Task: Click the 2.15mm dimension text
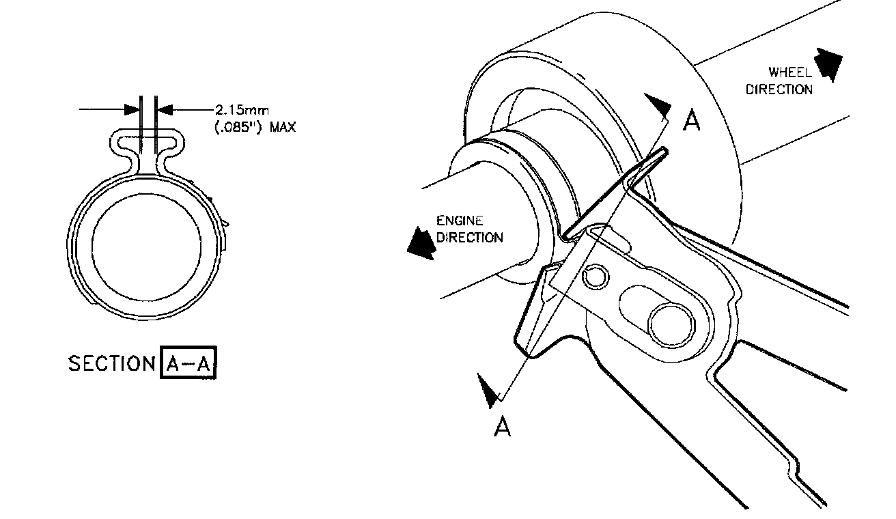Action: coord(242,110)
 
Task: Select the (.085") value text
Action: coord(238,127)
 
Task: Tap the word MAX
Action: coord(283,127)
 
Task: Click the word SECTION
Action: coord(111,363)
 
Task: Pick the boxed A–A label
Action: coord(188,362)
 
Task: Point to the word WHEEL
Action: coord(790,72)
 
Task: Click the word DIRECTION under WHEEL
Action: coord(779,89)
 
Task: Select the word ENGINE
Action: coord(459,221)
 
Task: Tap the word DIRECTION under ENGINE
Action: coord(469,237)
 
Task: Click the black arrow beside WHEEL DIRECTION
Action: coord(829,64)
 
